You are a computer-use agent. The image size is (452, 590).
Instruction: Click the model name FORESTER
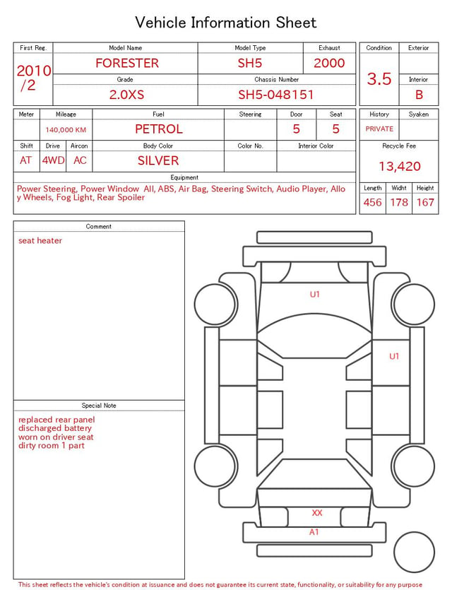tap(127, 63)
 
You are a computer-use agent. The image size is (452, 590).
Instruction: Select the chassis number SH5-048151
tap(276, 95)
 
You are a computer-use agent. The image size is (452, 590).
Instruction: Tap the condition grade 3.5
tap(379, 79)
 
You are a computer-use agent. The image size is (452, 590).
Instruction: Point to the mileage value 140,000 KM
tap(66, 130)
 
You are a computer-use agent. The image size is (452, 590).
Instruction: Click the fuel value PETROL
tap(159, 129)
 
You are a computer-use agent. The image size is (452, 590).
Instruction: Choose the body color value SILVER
tap(158, 160)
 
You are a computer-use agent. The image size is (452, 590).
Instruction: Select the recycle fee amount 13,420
tap(399, 166)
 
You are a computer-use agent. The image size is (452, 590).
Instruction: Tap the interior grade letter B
tap(419, 95)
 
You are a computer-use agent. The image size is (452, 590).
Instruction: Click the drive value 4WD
tap(53, 160)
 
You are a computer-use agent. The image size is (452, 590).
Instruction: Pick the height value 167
tap(425, 202)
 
